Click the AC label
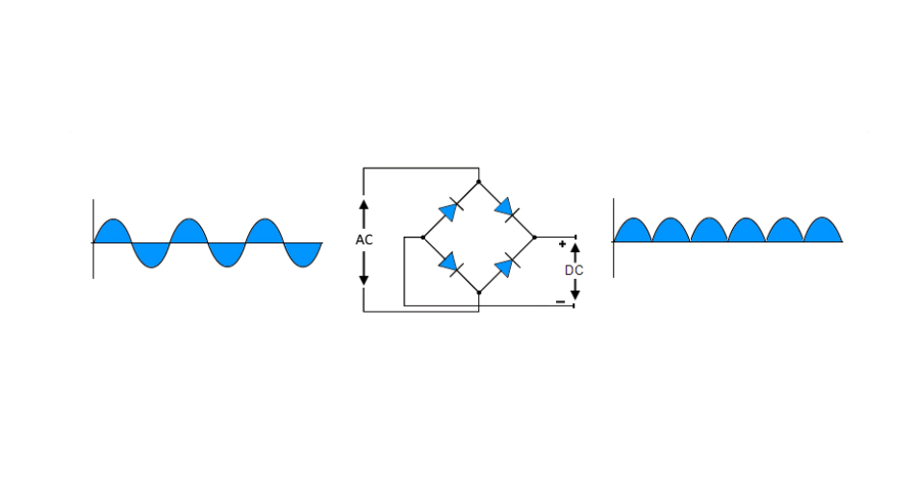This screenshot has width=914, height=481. coord(364,240)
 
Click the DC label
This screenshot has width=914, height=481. coord(573,270)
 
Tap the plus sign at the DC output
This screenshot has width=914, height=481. coord(562,244)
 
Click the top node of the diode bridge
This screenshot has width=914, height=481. coord(478,180)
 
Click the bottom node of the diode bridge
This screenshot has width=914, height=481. coord(478,291)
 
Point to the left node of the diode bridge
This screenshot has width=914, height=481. coord(422,236)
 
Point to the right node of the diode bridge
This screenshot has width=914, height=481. coord(534,236)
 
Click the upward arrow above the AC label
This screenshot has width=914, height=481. coord(364,214)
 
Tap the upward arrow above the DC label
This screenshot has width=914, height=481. coord(574,252)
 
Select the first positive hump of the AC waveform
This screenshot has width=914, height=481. coord(113,232)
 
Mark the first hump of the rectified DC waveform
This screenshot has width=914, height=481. coord(632,232)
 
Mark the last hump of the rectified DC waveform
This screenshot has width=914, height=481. coord(823,232)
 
